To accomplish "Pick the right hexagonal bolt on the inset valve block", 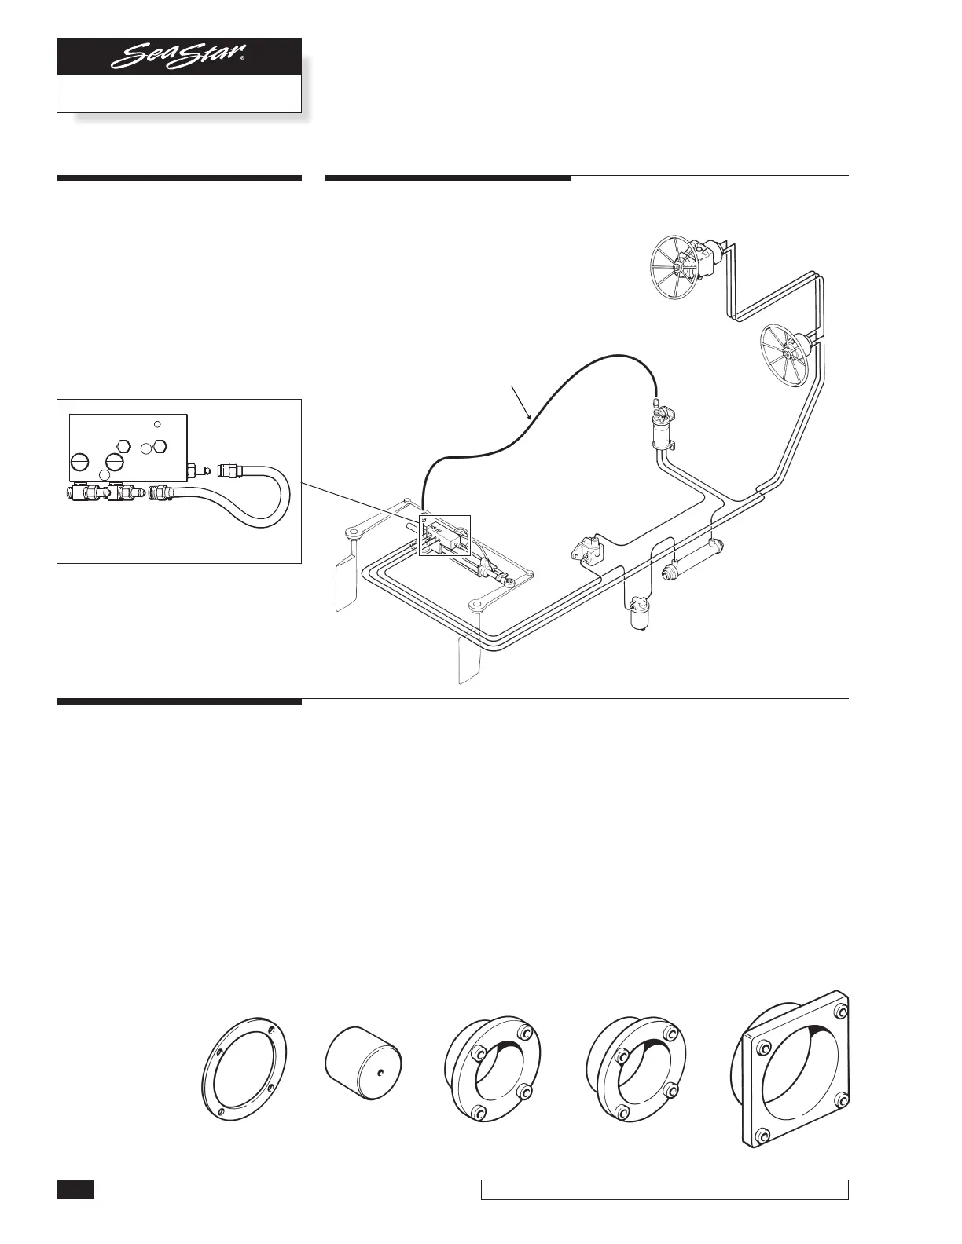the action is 160,447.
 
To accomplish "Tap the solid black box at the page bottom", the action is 75,1188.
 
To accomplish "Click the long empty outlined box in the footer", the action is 664,1190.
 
